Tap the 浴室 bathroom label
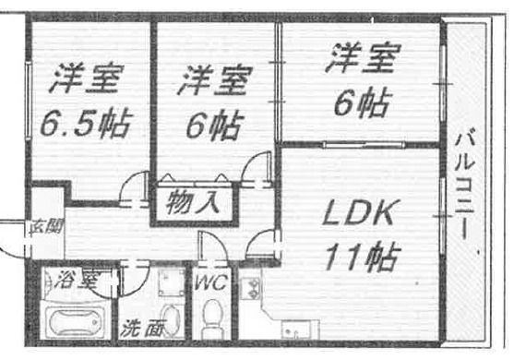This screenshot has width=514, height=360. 76,279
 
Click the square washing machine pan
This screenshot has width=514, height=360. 170,281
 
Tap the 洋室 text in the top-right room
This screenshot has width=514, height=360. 362,62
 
